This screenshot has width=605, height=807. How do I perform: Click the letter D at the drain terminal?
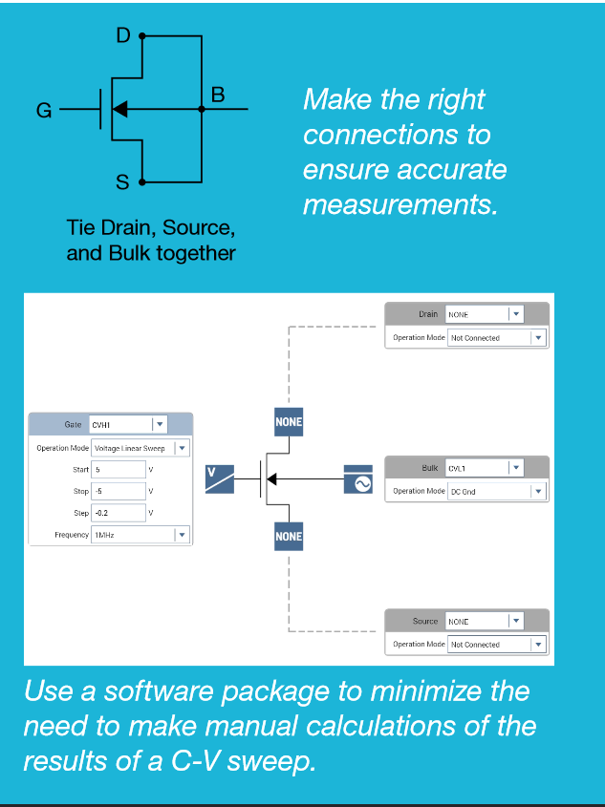[122, 36]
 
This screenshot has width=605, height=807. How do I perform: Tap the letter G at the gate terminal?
[43, 111]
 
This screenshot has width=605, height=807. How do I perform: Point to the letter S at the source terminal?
[122, 183]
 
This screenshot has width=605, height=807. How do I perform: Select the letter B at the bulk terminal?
[218, 95]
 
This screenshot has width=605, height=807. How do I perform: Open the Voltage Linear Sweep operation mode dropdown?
[140, 448]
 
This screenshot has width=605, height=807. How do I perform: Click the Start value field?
[119, 469]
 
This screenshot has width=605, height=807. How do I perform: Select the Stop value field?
[119, 491]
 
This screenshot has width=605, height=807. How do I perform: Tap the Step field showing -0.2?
[119, 513]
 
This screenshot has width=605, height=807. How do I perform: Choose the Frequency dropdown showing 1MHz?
[140, 535]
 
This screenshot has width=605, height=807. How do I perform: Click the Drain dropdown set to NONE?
[485, 314]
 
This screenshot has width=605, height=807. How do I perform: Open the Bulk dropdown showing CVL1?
[485, 468]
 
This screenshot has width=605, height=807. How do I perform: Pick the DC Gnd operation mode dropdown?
[495, 491]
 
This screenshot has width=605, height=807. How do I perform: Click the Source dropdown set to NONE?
[485, 621]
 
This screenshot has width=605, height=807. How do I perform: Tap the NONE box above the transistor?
[289, 421]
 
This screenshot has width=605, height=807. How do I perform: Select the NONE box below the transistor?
[289, 536]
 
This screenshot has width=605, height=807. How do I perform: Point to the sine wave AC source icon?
[358, 480]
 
